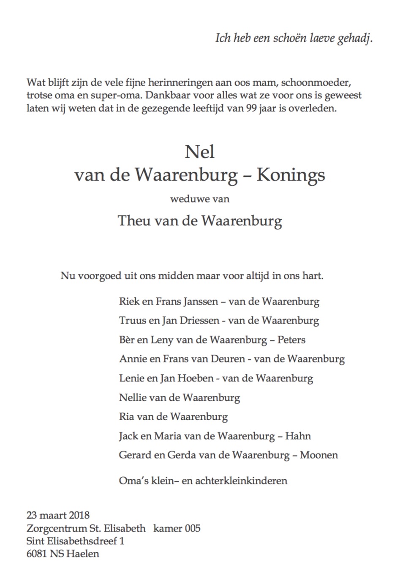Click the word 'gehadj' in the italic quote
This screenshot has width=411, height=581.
(354, 38)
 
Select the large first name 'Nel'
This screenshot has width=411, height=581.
(199, 151)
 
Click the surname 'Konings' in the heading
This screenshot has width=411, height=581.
(291, 174)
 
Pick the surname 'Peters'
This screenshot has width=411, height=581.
(291, 340)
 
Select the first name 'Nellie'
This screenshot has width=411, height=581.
(133, 397)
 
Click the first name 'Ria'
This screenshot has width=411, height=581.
(127, 417)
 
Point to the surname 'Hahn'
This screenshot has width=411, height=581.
(298, 436)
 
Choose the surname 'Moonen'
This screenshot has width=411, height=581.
(319, 455)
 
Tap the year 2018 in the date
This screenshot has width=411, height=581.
(79, 515)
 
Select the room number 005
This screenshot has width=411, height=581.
(192, 528)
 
